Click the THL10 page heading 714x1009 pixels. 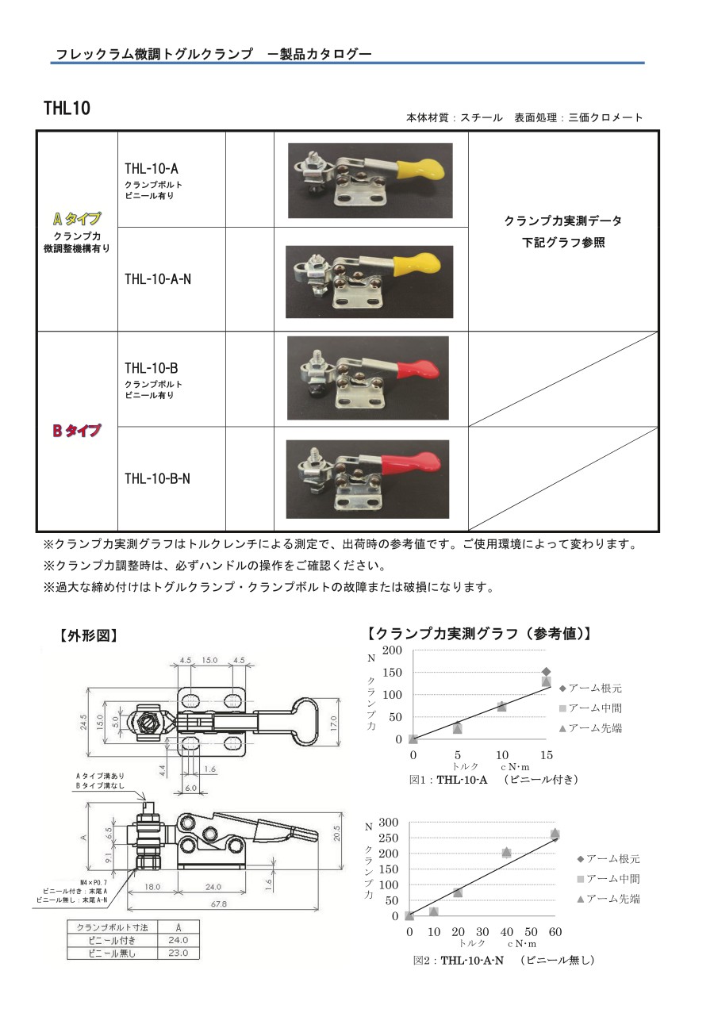tap(67, 108)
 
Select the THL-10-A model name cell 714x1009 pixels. tap(152, 168)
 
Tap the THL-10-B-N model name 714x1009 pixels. tap(157, 478)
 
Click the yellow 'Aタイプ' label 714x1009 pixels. tap(77, 219)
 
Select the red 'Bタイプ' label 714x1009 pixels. tap(77, 431)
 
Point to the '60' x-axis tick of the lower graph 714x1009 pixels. tap(555, 931)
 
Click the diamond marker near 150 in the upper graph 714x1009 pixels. tap(546, 672)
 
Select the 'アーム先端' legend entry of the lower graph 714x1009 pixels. tap(608, 899)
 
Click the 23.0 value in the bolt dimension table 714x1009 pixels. tap(179, 953)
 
